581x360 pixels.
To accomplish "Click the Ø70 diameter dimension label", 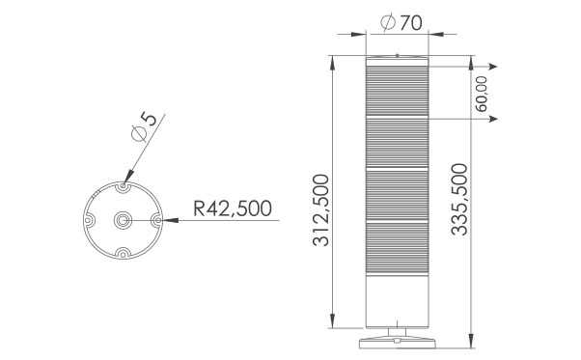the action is (401, 22).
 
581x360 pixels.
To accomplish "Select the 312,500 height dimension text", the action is (320, 210).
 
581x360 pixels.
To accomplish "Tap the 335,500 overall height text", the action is (459, 199).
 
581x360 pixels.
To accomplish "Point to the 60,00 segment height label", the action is (482, 94).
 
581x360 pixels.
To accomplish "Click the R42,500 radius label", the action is (233, 208).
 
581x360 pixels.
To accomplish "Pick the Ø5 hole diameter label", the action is (145, 127).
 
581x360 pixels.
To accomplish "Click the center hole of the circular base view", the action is (123, 220).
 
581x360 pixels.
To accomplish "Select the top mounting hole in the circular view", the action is (123, 185).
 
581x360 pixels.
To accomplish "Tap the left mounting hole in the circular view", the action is (88, 220).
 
